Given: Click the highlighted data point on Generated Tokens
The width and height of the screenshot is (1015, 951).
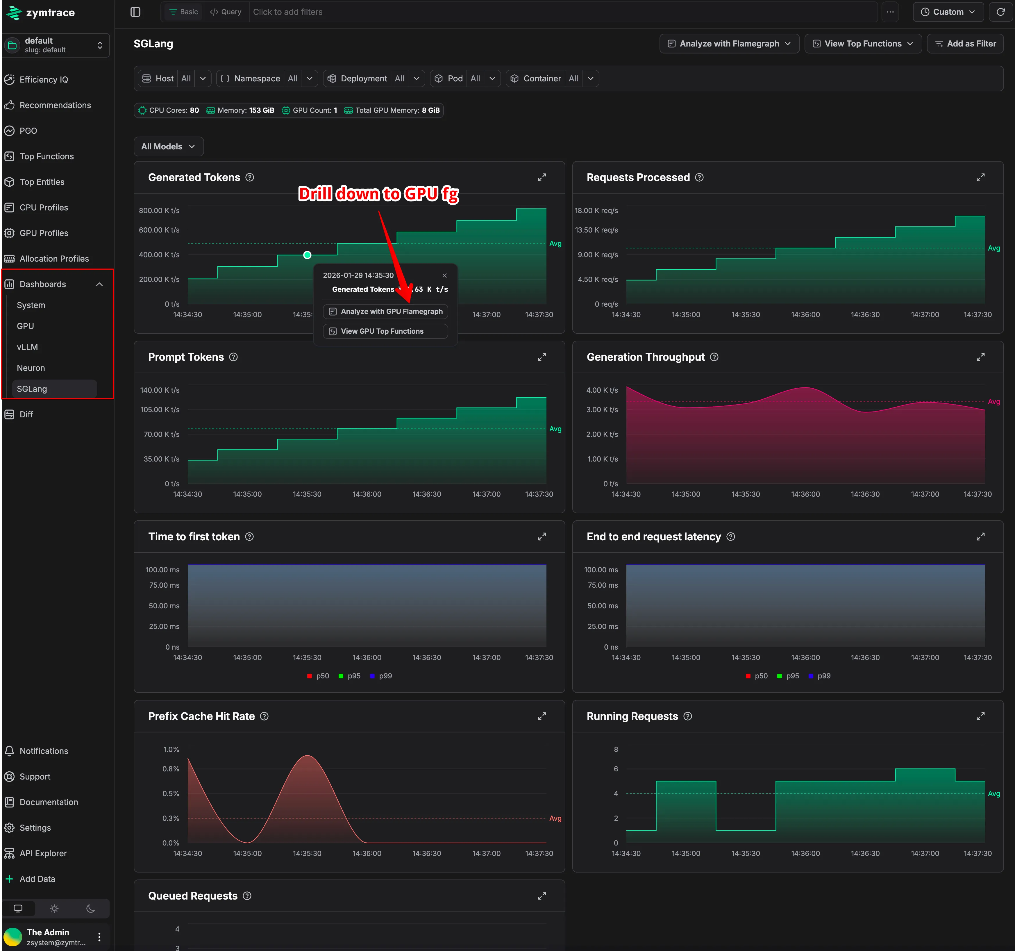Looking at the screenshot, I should click(307, 255).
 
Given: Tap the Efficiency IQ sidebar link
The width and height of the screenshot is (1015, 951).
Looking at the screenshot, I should click(43, 80).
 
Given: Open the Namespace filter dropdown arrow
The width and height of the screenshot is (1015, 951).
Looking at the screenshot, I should click(309, 78).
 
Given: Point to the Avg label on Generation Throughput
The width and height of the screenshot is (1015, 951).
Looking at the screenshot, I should click(993, 402).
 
